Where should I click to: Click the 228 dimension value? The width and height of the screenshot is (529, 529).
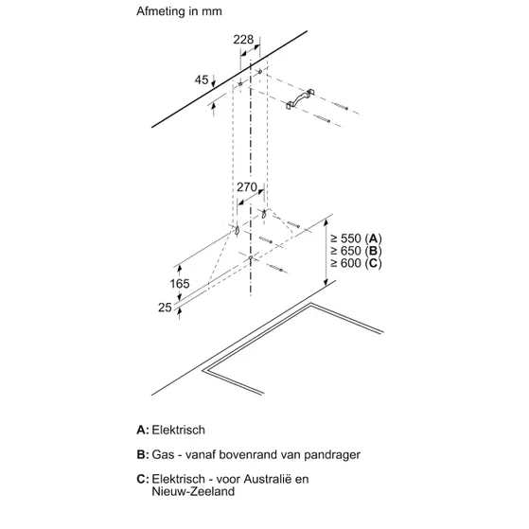pyautogui.click(x=243, y=40)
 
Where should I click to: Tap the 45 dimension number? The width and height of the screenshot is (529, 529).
pyautogui.click(x=202, y=79)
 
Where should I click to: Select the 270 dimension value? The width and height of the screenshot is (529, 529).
pyautogui.click(x=247, y=187)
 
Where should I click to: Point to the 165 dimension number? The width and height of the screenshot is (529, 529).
pyautogui.click(x=180, y=283)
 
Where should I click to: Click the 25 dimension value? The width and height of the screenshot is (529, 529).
pyautogui.click(x=165, y=308)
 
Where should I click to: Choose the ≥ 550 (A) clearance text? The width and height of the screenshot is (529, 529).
pyautogui.click(x=356, y=238)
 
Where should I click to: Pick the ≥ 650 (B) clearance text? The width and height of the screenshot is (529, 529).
pyautogui.click(x=356, y=251)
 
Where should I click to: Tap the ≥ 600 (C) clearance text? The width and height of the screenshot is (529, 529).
pyautogui.click(x=356, y=263)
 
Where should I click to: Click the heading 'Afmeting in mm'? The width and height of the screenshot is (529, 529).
pyautogui.click(x=179, y=11)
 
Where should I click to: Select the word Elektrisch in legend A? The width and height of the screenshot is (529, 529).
pyautogui.click(x=178, y=430)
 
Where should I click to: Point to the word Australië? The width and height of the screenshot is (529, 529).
pyautogui.click(x=267, y=479)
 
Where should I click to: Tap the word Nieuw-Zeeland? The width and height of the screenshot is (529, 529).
pyautogui.click(x=193, y=491)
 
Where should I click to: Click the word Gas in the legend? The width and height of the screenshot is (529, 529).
pyautogui.click(x=163, y=454)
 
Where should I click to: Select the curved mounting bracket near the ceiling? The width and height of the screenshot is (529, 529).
pyautogui.click(x=300, y=98)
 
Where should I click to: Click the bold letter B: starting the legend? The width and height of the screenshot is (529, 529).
pyautogui.click(x=142, y=454)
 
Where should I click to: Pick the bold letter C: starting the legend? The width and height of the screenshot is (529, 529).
pyautogui.click(x=142, y=479)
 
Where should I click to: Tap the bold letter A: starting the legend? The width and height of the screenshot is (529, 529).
pyautogui.click(x=142, y=430)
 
